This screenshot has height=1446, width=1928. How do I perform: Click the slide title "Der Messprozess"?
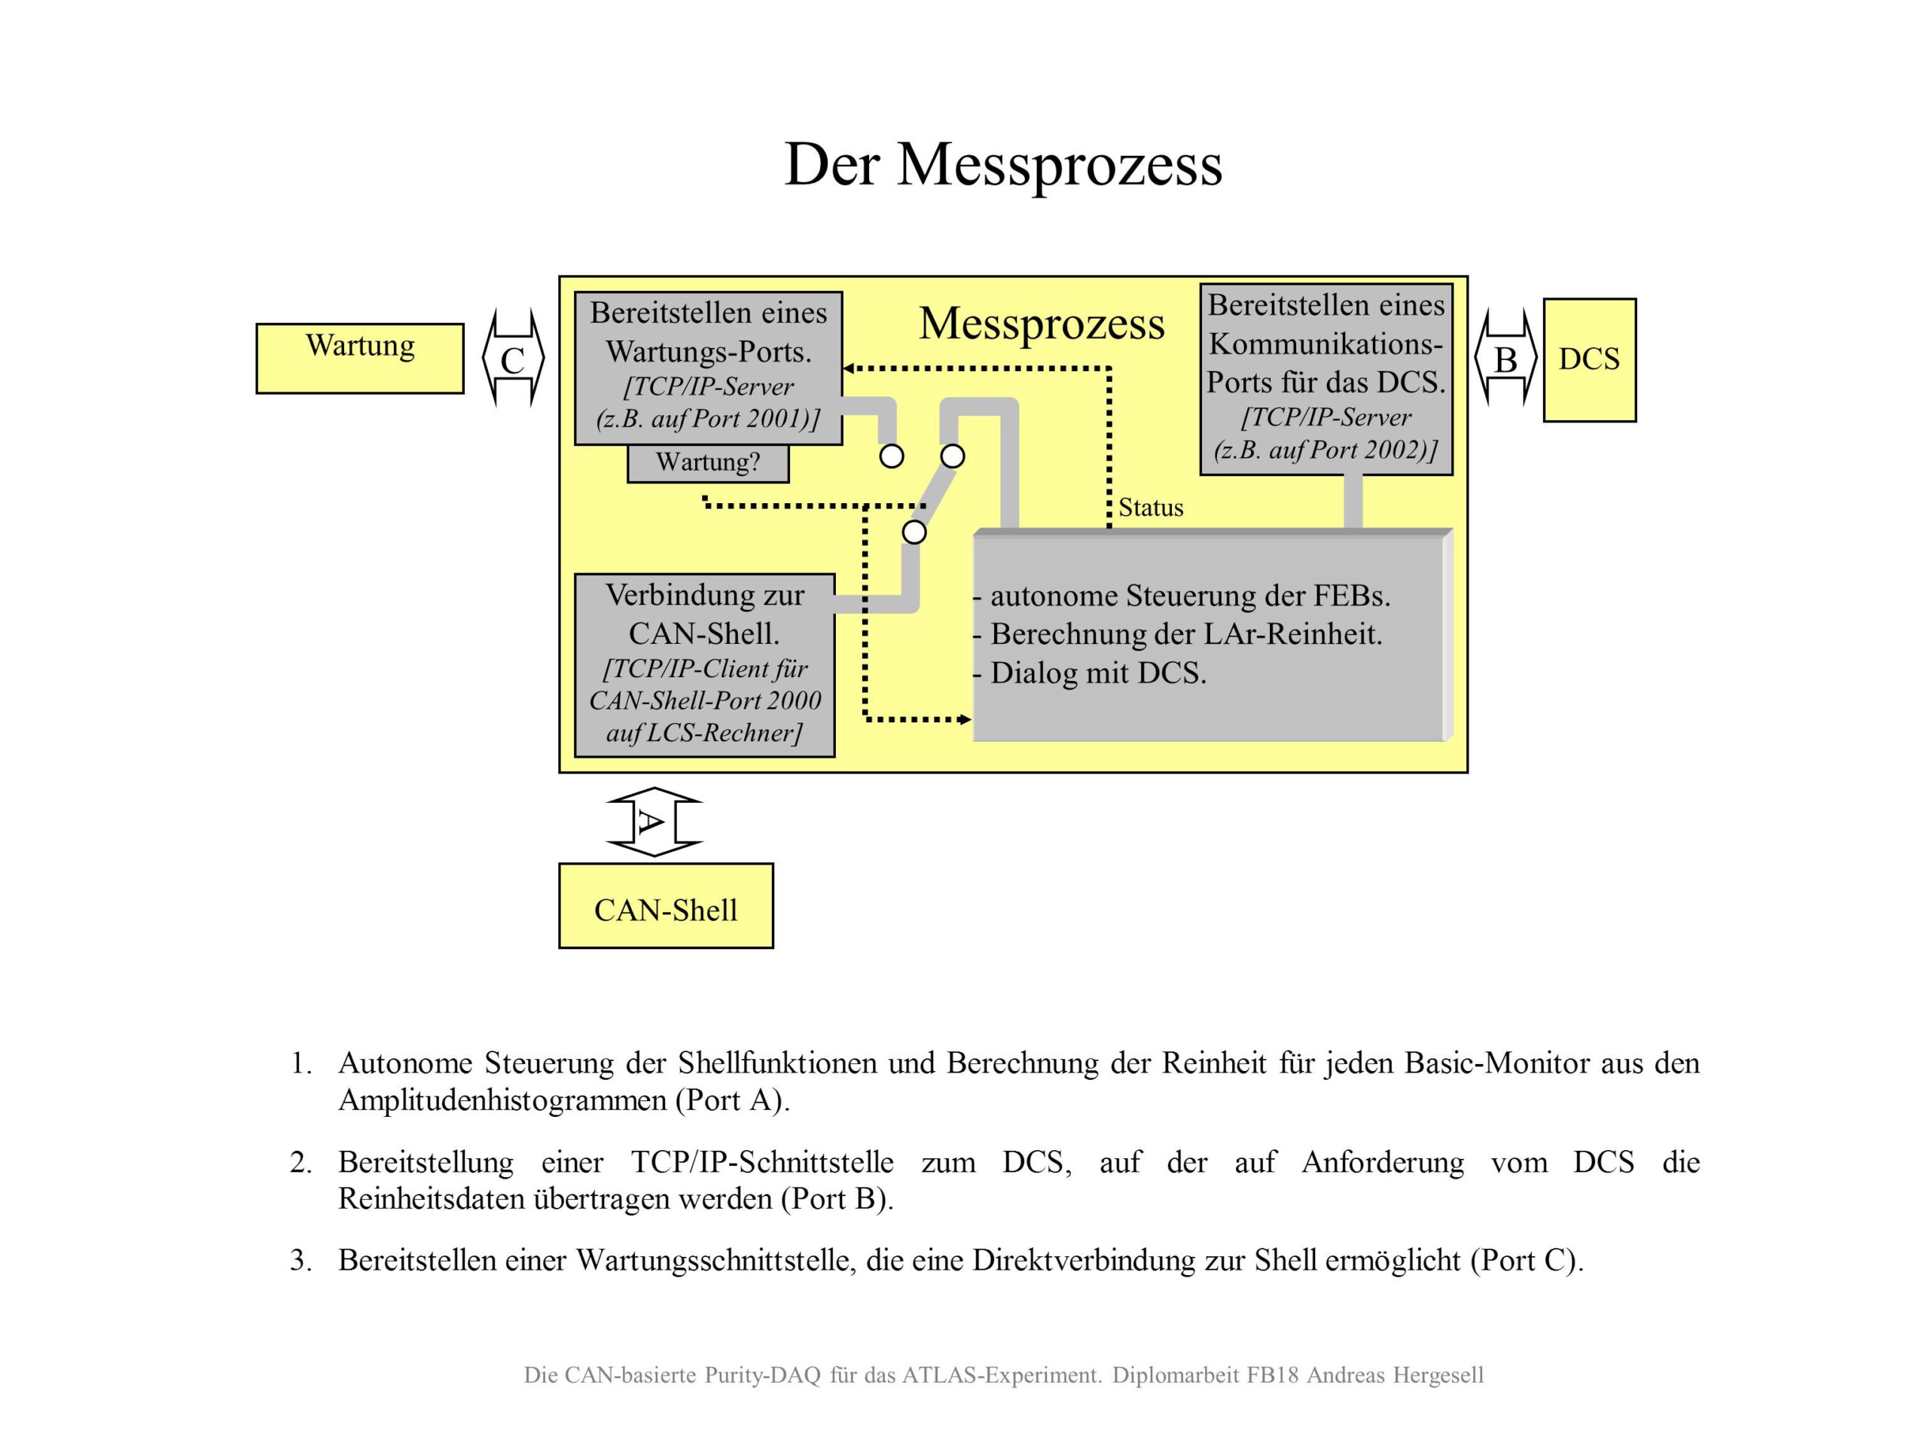1003,164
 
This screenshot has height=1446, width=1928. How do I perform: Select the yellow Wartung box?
359,358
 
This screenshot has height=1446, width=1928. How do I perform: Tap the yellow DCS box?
1589,360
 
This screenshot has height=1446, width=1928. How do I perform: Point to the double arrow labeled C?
513,358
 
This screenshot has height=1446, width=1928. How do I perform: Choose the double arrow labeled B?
1505,358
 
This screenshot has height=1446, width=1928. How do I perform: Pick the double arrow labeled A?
654,822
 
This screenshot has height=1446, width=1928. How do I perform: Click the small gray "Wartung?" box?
708,463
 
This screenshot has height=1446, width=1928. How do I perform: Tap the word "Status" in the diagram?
1151,508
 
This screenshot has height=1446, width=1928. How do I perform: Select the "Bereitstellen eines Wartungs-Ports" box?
708,367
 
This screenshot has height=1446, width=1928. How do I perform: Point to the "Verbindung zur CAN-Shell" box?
704,664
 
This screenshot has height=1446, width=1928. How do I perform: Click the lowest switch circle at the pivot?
914,532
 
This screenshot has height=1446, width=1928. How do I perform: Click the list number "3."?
300,1259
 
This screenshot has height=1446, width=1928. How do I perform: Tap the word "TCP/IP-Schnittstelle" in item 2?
762,1162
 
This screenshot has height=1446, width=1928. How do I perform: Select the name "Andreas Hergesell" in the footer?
1395,1375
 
